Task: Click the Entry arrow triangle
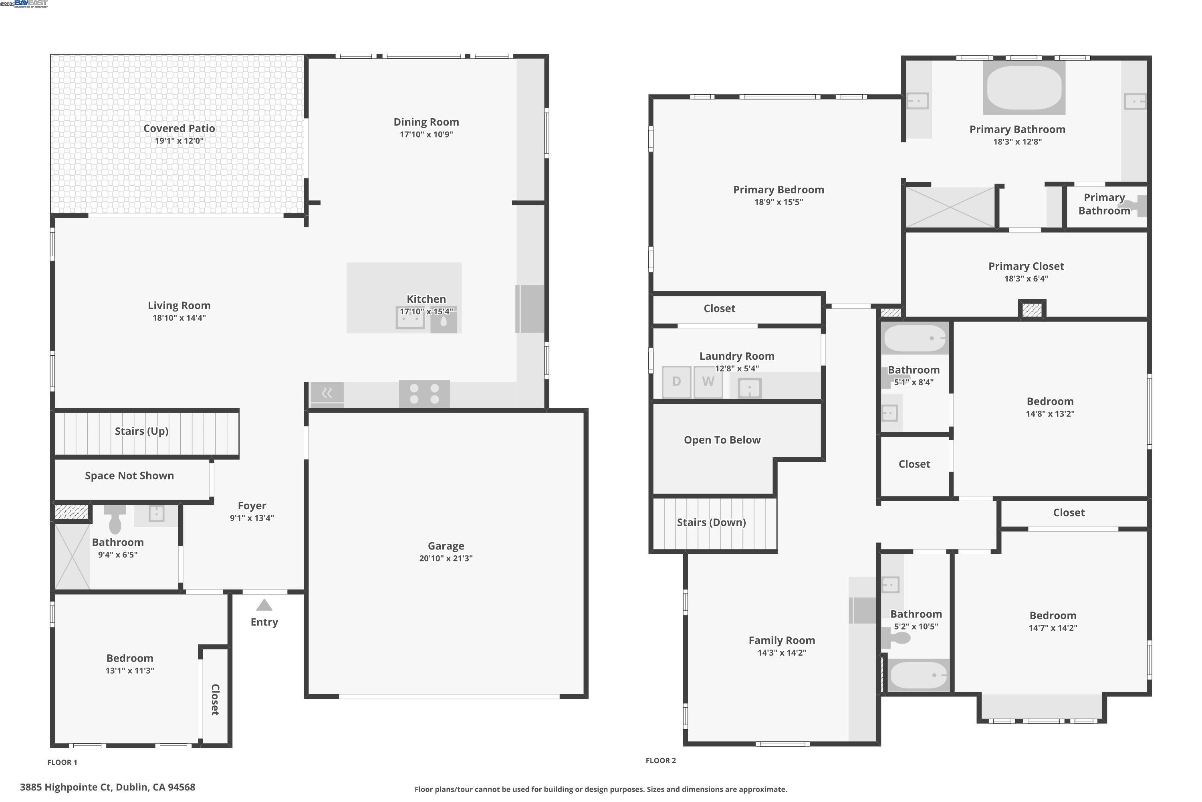point(264,606)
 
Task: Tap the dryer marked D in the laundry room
point(676,382)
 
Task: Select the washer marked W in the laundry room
point(708,382)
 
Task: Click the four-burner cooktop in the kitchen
point(424,394)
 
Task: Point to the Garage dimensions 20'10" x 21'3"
point(446,559)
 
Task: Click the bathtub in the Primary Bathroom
point(1024,87)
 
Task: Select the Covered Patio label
point(179,128)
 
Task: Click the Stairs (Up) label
point(141,431)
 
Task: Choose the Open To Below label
point(722,440)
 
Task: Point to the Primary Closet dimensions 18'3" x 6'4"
point(1026,279)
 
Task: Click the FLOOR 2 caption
point(660,761)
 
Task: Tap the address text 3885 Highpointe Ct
point(107,787)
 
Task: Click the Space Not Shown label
point(129,476)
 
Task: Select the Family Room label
point(781,640)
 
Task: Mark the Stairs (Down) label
point(711,522)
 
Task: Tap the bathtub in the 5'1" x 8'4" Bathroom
point(914,338)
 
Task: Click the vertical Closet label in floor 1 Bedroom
point(215,699)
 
